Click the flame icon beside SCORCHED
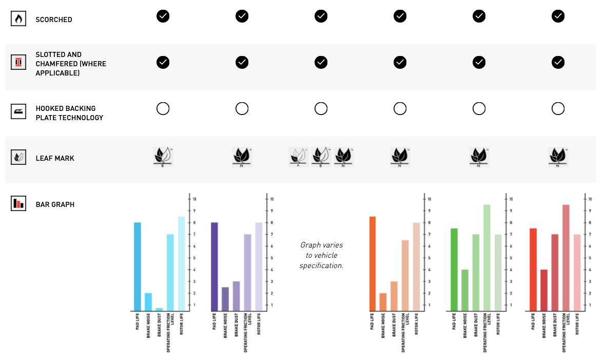pyautogui.click(x=18, y=20)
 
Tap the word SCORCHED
pyautogui.click(x=54, y=20)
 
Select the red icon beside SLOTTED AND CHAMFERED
pyautogui.click(x=18, y=63)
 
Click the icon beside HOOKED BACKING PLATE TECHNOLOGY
pyautogui.click(x=18, y=112)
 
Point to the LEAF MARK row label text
pyautogui.click(x=55, y=158)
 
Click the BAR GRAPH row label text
pyautogui.click(x=55, y=204)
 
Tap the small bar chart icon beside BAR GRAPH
pyautogui.click(x=18, y=203)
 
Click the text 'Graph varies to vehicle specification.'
pyautogui.click(x=321, y=255)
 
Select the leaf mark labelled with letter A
pyautogui.click(x=298, y=156)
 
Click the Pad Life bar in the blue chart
pyautogui.click(x=138, y=267)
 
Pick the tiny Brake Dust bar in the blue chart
pyautogui.click(x=159, y=309)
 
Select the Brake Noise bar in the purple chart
pyautogui.click(x=225, y=299)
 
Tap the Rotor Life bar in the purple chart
pyautogui.click(x=259, y=267)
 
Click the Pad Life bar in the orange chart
pyautogui.click(x=373, y=264)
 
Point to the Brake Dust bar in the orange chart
pyautogui.click(x=394, y=296)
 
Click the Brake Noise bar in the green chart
pyautogui.click(x=465, y=290)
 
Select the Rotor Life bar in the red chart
pyautogui.click(x=577, y=273)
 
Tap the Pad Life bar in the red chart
pyautogui.click(x=533, y=270)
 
